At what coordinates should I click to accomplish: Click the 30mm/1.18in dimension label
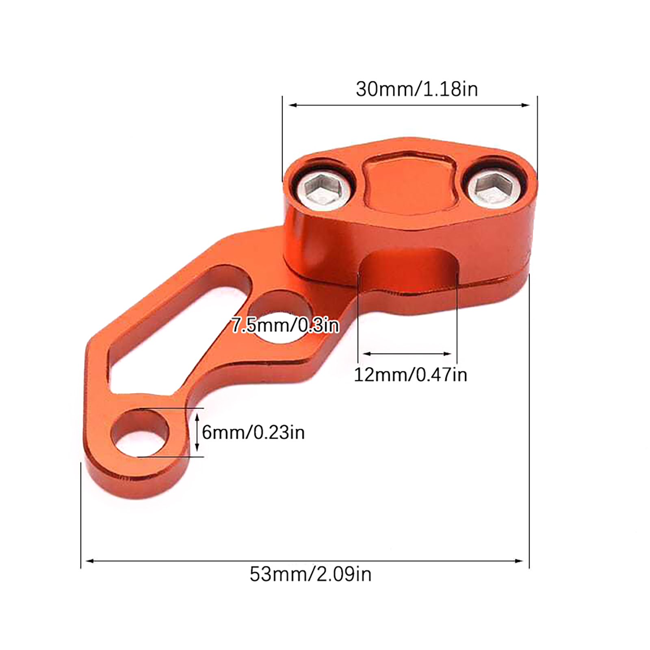[x=417, y=89]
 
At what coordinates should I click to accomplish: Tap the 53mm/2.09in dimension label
[x=310, y=574]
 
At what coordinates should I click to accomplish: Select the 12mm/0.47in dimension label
[x=410, y=375]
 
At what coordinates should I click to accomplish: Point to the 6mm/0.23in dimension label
[x=253, y=432]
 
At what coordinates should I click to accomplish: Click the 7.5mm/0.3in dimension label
[x=285, y=325]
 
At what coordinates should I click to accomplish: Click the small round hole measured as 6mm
[x=140, y=433]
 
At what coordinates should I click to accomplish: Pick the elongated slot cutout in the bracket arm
[x=175, y=321]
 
